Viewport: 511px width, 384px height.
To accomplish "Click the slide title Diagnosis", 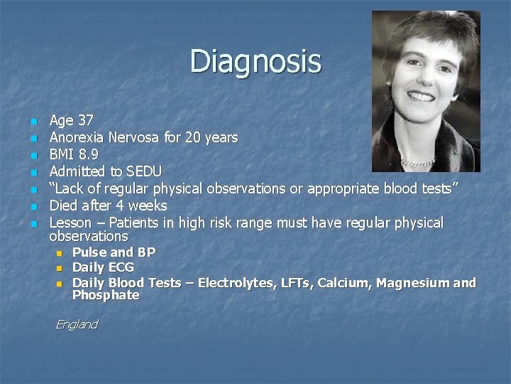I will (255, 61).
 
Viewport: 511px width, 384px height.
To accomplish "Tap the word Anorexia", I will (77, 137).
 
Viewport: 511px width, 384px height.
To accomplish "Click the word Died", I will (64, 206).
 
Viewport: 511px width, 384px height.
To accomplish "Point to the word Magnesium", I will (412, 283).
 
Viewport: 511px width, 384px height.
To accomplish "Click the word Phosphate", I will (106, 295).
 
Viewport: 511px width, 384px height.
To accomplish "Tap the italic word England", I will (77, 324).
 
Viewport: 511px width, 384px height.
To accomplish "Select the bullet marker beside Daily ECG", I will (59, 268).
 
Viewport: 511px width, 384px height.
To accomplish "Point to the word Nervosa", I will (134, 137).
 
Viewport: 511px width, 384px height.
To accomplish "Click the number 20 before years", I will (193, 137).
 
